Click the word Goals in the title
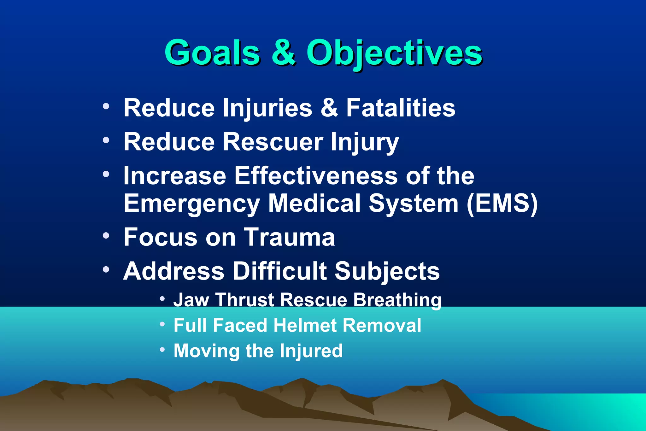click(212, 53)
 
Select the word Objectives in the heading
click(394, 53)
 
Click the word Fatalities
click(401, 108)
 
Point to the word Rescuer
click(273, 142)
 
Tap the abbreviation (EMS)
click(502, 204)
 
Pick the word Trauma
click(289, 237)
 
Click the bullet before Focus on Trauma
click(106, 235)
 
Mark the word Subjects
click(387, 272)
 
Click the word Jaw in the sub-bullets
click(191, 299)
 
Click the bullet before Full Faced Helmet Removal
click(162, 324)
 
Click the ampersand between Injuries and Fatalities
click(329, 108)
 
